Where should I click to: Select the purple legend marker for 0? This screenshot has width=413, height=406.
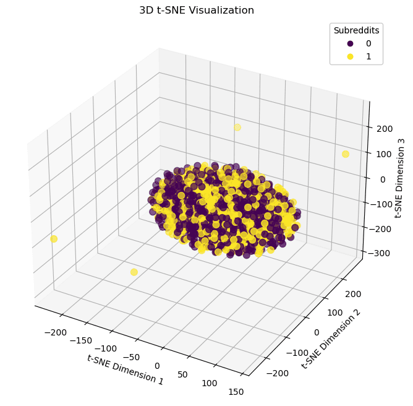click(x=351, y=43)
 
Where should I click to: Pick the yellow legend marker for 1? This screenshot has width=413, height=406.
click(x=351, y=56)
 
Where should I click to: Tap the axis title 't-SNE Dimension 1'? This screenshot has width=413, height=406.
click(x=126, y=370)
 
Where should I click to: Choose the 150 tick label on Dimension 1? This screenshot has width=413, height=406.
click(x=236, y=392)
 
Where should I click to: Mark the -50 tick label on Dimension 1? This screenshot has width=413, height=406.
click(x=132, y=357)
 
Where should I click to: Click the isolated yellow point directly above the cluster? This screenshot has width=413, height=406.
click(x=237, y=127)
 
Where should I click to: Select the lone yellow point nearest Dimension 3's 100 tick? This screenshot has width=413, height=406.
click(x=346, y=154)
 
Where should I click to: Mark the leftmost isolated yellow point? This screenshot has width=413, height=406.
click(x=54, y=239)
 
